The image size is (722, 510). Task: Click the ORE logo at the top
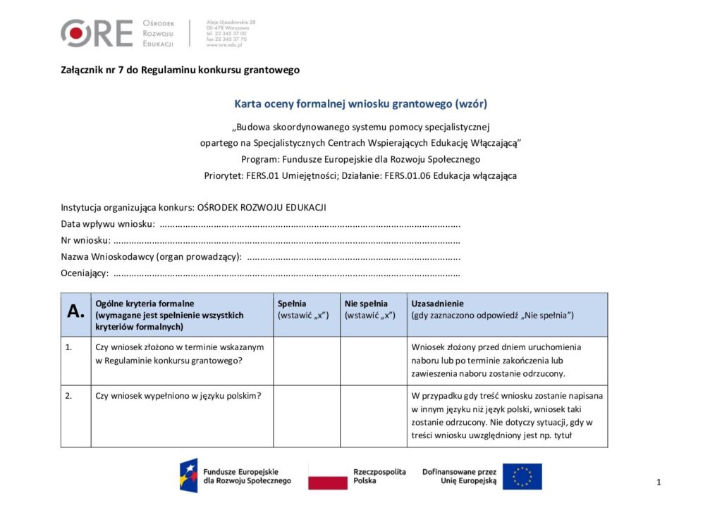(x=97, y=33)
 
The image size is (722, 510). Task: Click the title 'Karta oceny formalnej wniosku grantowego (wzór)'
(x=360, y=104)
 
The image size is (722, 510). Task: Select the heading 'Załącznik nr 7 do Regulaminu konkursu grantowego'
(x=180, y=70)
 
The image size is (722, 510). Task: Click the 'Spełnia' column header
(x=292, y=304)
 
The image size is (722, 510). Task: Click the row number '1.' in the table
(x=68, y=347)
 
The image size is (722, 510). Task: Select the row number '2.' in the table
(x=68, y=395)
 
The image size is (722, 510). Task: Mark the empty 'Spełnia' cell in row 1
(x=306, y=361)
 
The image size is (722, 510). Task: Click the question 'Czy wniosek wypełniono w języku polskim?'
(x=178, y=395)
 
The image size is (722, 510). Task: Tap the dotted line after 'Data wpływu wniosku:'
(x=310, y=225)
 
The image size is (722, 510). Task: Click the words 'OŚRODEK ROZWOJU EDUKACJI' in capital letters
(x=262, y=208)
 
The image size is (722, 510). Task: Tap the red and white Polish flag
(x=328, y=476)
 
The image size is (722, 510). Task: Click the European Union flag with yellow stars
(x=522, y=476)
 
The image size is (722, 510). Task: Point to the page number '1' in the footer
(x=658, y=482)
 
